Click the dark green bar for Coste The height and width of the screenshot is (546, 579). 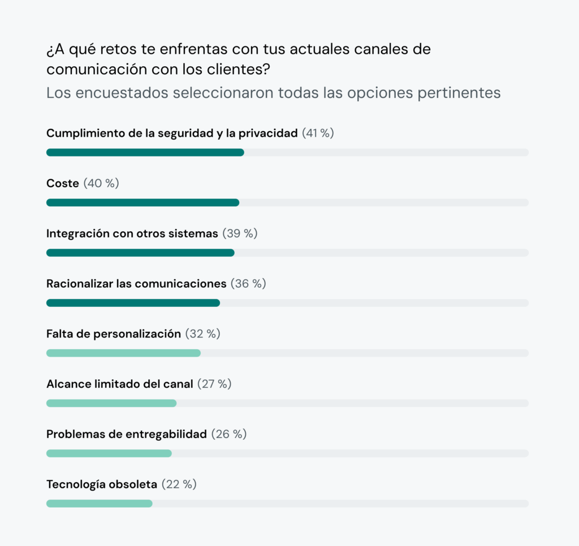tap(142, 202)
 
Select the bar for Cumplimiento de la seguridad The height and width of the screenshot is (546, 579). tap(145, 152)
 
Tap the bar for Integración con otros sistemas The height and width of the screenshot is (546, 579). tap(140, 253)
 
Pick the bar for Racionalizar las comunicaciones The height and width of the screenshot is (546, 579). tap(133, 303)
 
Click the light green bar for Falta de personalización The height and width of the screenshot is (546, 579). tap(123, 353)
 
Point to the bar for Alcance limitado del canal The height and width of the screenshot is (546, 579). tap(111, 403)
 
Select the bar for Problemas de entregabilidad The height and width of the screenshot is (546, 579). tap(109, 453)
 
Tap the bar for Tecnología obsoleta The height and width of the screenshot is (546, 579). tap(99, 504)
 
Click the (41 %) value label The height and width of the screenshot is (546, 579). tap(318, 133)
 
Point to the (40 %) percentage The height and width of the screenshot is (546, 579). tap(101, 184)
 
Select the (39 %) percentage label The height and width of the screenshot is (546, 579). tap(240, 233)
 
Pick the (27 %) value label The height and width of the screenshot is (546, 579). tap(214, 384)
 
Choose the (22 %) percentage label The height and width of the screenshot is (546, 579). tap(179, 484)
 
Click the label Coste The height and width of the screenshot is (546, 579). tap(63, 184)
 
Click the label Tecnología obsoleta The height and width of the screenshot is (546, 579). tap(102, 484)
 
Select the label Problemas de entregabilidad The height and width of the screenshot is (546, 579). tap(127, 434)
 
